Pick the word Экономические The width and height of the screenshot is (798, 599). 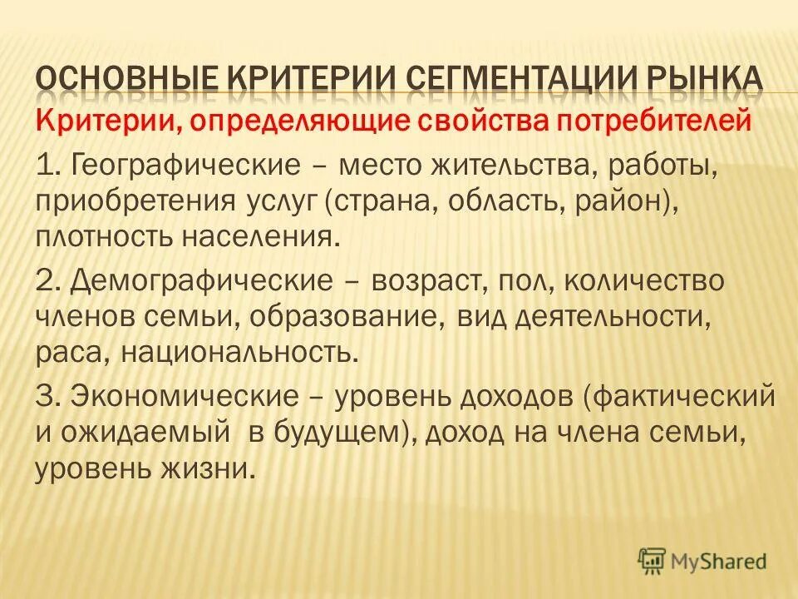point(190,397)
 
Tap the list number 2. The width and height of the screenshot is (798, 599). point(46,280)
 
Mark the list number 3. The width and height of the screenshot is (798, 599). point(46,397)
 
